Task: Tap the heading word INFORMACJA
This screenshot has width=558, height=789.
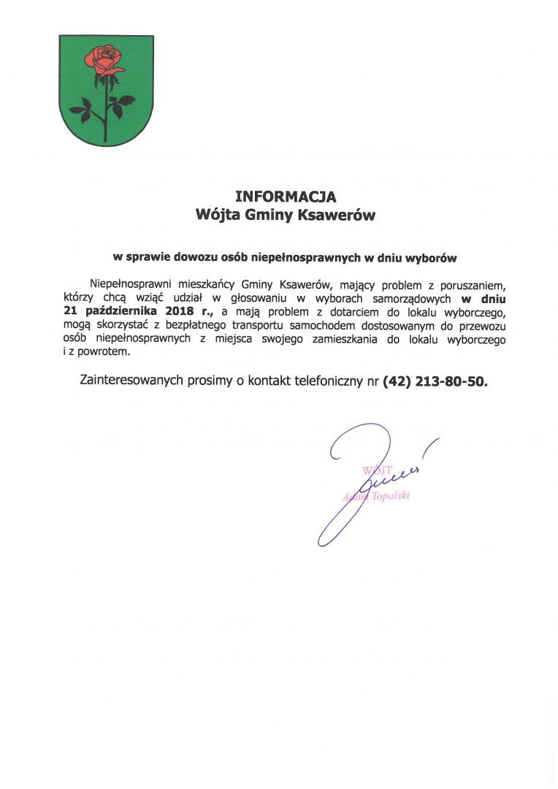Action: click(285, 197)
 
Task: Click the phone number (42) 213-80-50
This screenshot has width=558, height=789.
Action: click(434, 381)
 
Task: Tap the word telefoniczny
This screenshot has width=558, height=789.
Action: click(325, 381)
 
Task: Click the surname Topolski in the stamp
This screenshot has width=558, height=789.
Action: click(390, 496)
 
